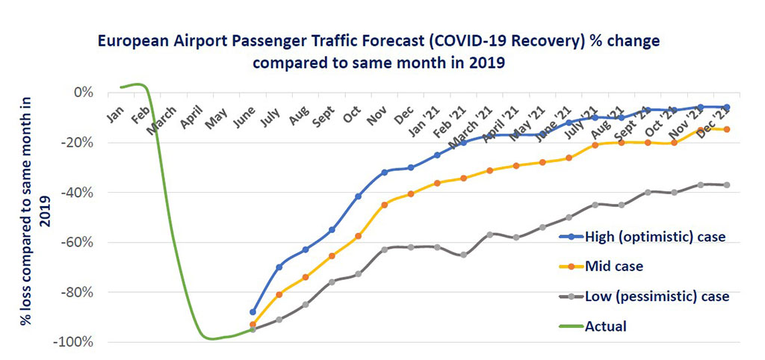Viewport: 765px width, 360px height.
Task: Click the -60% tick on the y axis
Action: tap(78, 242)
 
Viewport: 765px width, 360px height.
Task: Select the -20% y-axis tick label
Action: tap(78, 143)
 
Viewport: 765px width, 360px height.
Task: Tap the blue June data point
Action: tap(253, 312)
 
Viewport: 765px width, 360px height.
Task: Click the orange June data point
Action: tap(253, 325)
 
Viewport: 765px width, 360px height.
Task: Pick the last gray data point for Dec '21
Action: tap(727, 184)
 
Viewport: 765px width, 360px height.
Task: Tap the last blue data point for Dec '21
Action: tap(727, 108)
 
